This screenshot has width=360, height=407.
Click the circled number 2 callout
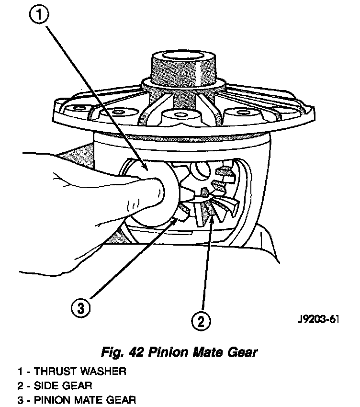click(202, 319)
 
